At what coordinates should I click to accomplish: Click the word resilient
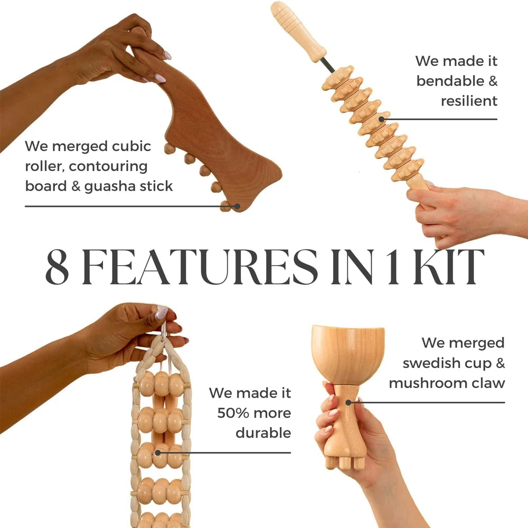coord(469,100)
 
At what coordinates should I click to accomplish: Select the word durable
coord(263,432)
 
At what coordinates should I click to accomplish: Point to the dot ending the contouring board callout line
coord(238,206)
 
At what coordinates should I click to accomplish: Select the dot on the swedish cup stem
coord(348,402)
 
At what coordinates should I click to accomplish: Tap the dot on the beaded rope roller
coord(157,452)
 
